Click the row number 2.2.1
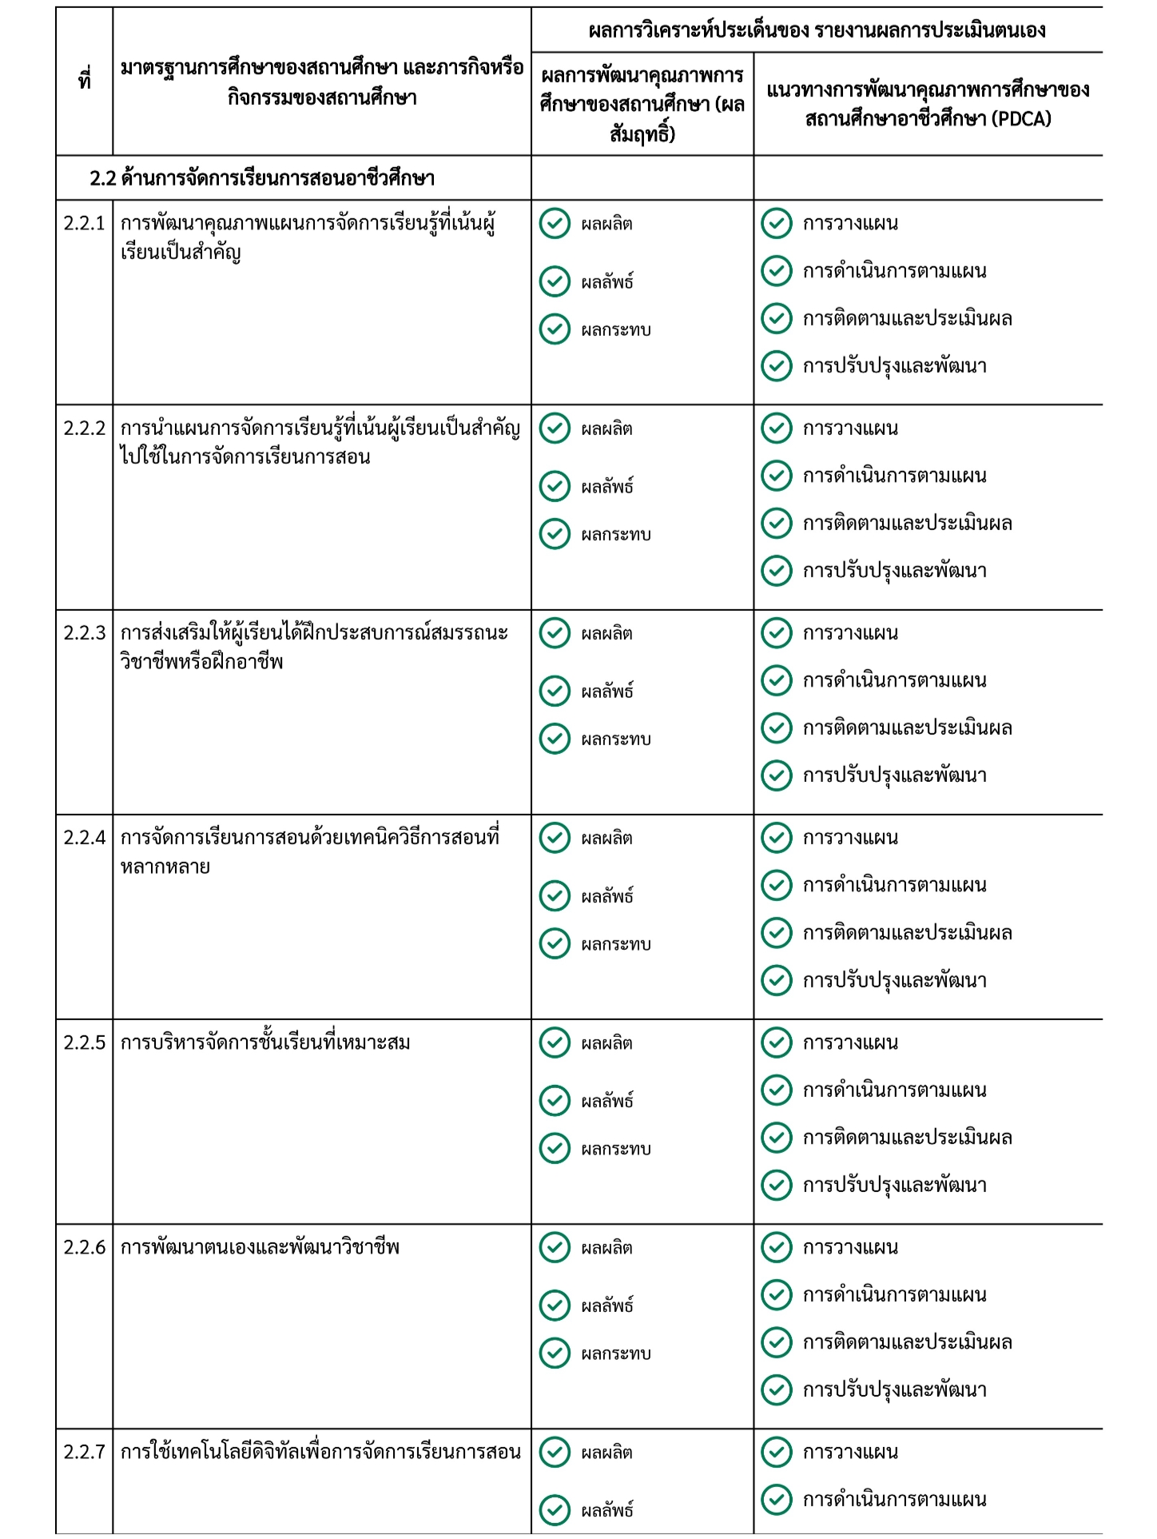pos(84,223)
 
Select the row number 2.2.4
pos(84,838)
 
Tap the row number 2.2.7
pos(84,1452)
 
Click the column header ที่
pos(84,81)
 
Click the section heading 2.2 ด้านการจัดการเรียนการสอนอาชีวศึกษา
pos(262,177)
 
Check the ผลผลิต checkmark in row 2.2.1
pos(555,224)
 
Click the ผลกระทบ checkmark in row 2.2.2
pos(555,534)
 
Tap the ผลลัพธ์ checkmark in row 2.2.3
pos(555,691)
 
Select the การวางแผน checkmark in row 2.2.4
pos(776,838)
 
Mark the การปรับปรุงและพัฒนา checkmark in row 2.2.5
pos(776,1185)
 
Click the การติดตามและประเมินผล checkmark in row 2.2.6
pos(776,1342)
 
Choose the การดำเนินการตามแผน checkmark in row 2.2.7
pos(776,1499)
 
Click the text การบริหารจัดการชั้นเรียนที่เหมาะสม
pos(265,1043)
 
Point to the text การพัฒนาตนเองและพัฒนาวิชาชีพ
pos(260,1247)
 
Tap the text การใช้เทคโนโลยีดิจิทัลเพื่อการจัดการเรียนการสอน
pos(320,1452)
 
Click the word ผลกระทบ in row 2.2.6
pos(616,1354)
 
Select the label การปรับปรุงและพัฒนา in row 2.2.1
pos(895,366)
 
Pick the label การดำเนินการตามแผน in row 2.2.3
pos(895,680)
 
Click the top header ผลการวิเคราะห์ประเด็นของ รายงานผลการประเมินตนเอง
pos(817,30)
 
